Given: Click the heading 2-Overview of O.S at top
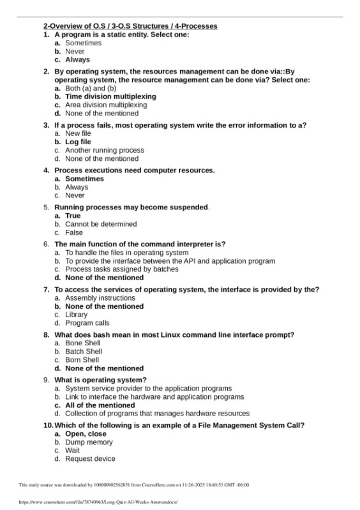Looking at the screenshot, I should point(130,26).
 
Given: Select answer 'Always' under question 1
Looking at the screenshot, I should point(77,59).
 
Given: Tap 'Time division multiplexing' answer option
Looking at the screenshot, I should point(110,96).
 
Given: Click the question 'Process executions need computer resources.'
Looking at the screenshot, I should point(134,170).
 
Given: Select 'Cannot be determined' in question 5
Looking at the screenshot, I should point(101,224).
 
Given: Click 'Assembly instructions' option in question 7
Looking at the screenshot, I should point(100,298).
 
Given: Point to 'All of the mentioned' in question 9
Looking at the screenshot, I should point(99,405).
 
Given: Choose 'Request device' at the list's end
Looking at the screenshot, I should point(91,458).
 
